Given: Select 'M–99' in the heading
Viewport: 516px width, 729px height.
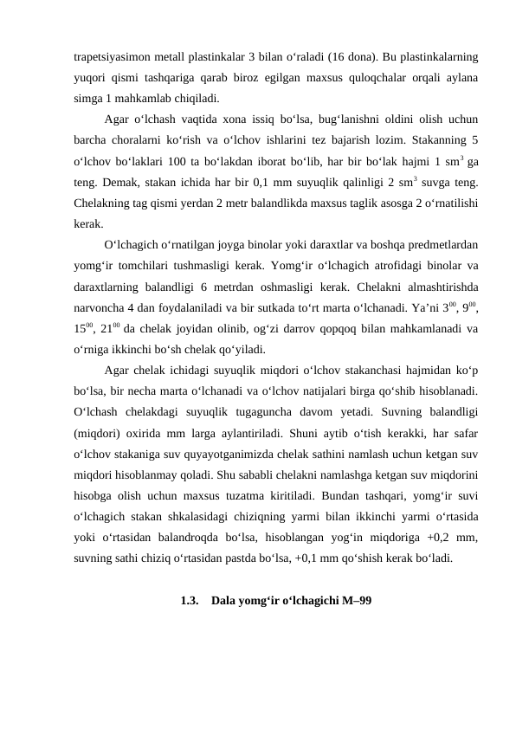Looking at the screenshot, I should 352,600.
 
